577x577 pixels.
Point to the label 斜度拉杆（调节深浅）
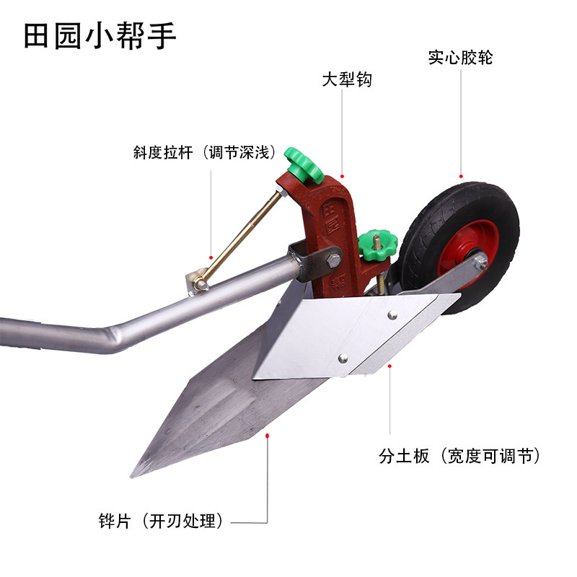[204, 153]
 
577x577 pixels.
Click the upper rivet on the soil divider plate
[391, 314]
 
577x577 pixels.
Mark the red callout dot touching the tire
[460, 175]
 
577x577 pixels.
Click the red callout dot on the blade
[268, 434]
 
